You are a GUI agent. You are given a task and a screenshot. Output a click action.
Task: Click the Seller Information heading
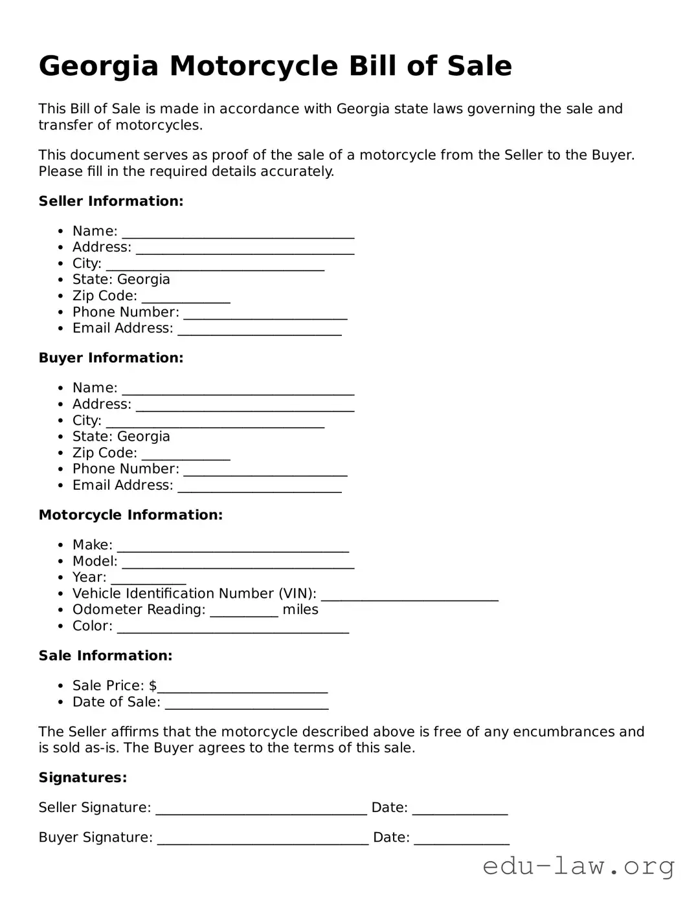click(x=111, y=201)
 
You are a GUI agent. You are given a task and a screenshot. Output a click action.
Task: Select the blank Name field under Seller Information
click(x=238, y=232)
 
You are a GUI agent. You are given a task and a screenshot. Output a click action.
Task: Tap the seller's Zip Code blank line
click(x=186, y=297)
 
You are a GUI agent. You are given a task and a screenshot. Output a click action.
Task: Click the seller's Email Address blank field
click(x=260, y=329)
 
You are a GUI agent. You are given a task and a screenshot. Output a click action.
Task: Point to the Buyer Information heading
click(x=111, y=358)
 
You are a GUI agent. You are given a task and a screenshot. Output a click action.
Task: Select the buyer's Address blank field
click(x=245, y=405)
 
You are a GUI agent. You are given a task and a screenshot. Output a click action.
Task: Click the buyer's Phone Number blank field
click(x=265, y=470)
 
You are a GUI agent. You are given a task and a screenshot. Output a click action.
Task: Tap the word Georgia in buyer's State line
click(x=144, y=437)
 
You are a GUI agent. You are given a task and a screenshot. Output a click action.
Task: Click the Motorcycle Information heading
click(x=130, y=515)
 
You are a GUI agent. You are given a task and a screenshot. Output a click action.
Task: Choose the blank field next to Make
click(x=232, y=546)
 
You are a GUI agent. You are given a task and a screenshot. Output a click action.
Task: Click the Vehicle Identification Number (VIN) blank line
click(x=409, y=595)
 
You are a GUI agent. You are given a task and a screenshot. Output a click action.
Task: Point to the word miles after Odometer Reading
click(x=300, y=609)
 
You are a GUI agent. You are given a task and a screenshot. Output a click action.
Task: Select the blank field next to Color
click(x=232, y=627)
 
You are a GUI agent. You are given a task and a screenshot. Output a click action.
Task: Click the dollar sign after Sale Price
click(x=153, y=686)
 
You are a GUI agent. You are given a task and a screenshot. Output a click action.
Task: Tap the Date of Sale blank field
click(x=246, y=703)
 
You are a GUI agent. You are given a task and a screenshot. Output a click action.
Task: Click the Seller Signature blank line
click(x=261, y=809)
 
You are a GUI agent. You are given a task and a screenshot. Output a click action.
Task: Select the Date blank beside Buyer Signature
click(x=461, y=839)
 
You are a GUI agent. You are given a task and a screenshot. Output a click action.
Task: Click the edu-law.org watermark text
click(x=578, y=866)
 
